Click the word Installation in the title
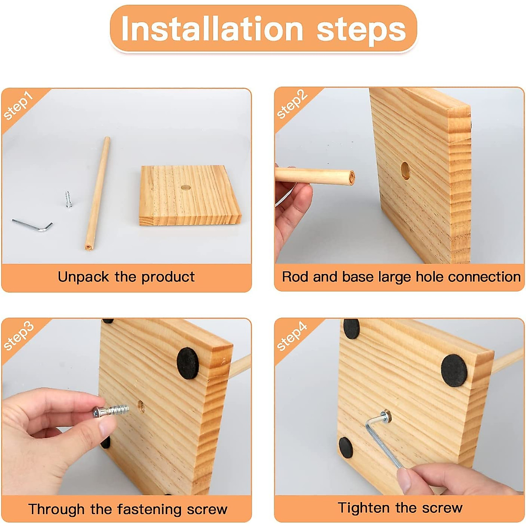212,28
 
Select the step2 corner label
292,105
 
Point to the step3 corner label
18,336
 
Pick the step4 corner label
292,336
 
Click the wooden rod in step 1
97,194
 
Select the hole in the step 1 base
186,187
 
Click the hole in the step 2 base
405,171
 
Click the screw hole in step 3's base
141,407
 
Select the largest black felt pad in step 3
188,363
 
